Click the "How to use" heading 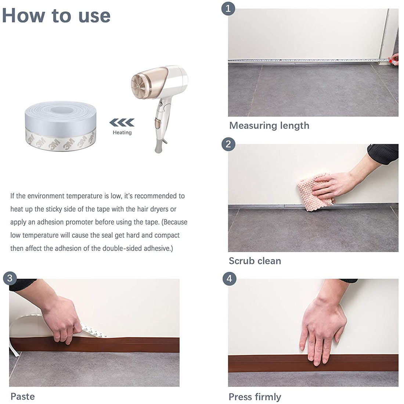click(x=57, y=16)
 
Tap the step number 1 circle click(x=228, y=9)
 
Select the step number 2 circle click(x=228, y=144)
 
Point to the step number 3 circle click(x=10, y=279)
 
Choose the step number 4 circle click(x=229, y=279)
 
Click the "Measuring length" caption click(x=269, y=126)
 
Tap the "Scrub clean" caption click(x=255, y=261)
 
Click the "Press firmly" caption click(x=255, y=397)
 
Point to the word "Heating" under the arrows click(x=122, y=133)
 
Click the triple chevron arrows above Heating click(x=122, y=123)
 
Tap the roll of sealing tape click(x=61, y=126)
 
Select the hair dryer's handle click(x=161, y=124)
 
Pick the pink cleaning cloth click(x=316, y=192)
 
